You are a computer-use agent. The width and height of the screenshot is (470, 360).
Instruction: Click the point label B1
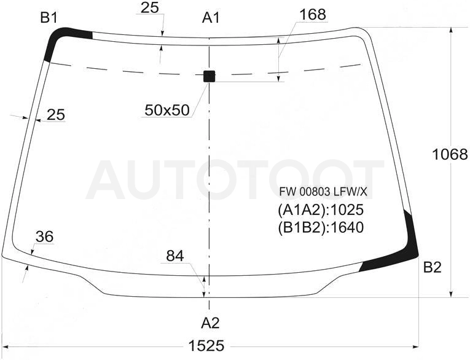click(x=49, y=18)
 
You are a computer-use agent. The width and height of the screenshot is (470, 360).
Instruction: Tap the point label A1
click(x=211, y=18)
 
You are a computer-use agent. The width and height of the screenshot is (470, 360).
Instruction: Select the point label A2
click(x=210, y=323)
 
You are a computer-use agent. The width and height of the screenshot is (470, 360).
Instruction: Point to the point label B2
click(x=433, y=267)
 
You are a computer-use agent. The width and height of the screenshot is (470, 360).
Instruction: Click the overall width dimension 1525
click(x=206, y=346)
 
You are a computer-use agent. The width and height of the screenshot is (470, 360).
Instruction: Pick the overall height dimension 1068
click(x=450, y=155)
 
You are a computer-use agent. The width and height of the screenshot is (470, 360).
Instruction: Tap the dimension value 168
click(x=313, y=14)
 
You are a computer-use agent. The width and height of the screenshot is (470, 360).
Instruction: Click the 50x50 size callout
click(x=167, y=111)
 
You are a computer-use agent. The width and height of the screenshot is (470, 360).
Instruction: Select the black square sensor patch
click(x=210, y=76)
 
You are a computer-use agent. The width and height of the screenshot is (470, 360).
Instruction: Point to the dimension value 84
click(x=175, y=256)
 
